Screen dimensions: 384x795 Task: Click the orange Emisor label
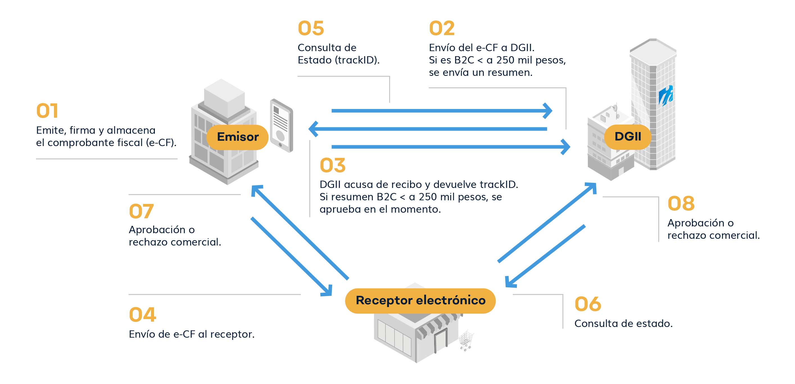(x=237, y=137)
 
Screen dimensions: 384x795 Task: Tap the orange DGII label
(x=628, y=137)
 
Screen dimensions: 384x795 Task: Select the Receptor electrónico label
(x=420, y=300)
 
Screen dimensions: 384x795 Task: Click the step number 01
(x=47, y=111)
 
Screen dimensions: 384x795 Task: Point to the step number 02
(x=442, y=28)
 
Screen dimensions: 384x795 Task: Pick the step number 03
(x=333, y=165)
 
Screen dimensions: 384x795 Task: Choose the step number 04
(x=142, y=315)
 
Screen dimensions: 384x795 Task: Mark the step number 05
(x=311, y=28)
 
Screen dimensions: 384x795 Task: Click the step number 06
(x=588, y=304)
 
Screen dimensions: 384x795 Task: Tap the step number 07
(x=141, y=211)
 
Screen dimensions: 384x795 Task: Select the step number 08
(x=681, y=204)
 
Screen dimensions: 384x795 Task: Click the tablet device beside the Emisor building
(x=281, y=126)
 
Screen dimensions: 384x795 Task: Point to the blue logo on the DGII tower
(x=666, y=96)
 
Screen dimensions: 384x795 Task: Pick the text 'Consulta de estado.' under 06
(x=623, y=324)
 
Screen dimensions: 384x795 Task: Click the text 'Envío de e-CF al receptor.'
(x=192, y=334)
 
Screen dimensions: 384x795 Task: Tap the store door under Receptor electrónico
(x=441, y=340)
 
